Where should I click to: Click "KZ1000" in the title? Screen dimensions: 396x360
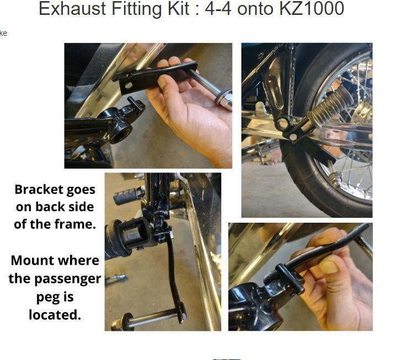point(312,8)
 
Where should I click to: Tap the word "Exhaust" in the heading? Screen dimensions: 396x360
point(72,8)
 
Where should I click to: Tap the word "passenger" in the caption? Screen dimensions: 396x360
point(68,279)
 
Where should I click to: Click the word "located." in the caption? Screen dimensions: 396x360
point(55,315)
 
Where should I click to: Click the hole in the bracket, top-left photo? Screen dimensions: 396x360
point(129,85)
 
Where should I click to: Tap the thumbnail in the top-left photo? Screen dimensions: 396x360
point(164,81)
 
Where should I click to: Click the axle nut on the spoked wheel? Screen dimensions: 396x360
point(335,179)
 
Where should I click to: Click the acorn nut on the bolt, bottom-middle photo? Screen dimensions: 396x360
point(117,324)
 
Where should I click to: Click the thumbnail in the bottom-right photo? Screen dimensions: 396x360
point(328,267)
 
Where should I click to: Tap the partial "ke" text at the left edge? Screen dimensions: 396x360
point(3,33)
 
